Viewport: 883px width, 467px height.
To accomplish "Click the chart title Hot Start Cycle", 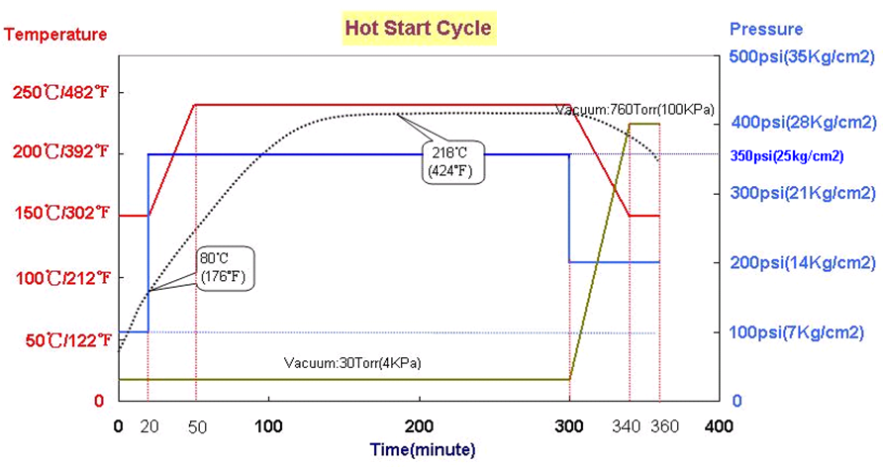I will [x=418, y=28].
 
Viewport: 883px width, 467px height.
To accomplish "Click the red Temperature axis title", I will [x=56, y=35].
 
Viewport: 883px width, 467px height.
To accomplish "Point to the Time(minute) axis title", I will [x=423, y=449].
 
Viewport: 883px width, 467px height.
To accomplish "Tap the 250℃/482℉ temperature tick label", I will [x=60, y=94].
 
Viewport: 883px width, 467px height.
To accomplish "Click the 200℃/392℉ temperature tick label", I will [x=60, y=153].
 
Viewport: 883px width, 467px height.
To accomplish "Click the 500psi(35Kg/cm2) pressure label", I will [x=802, y=56].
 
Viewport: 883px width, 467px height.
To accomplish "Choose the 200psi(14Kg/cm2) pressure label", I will [x=803, y=262].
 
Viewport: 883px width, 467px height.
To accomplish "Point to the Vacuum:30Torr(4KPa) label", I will [x=352, y=363].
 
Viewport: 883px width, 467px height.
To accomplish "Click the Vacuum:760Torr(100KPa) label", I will [x=635, y=109].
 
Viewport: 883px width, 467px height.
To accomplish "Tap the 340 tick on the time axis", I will [x=629, y=426].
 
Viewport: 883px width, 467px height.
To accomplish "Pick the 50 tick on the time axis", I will [x=194, y=426].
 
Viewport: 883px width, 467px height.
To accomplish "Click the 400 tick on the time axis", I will [x=718, y=426].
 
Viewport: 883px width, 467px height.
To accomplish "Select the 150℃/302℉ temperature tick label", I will [x=60, y=215].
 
